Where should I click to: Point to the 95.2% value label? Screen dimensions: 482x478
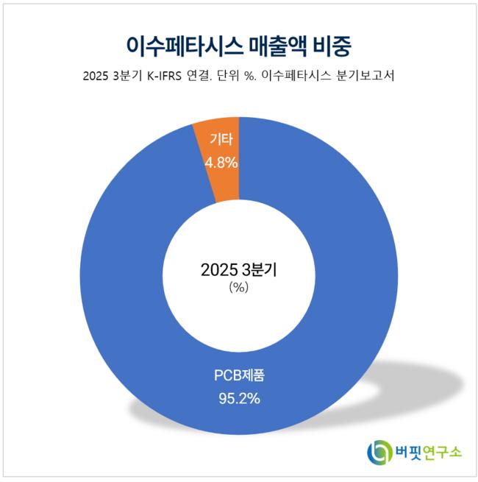pyautogui.click(x=238, y=400)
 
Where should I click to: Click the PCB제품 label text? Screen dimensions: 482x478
pyautogui.click(x=238, y=377)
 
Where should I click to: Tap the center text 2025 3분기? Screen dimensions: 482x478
pyautogui.click(x=238, y=270)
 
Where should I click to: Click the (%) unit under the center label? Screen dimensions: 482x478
pyautogui.click(x=238, y=288)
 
